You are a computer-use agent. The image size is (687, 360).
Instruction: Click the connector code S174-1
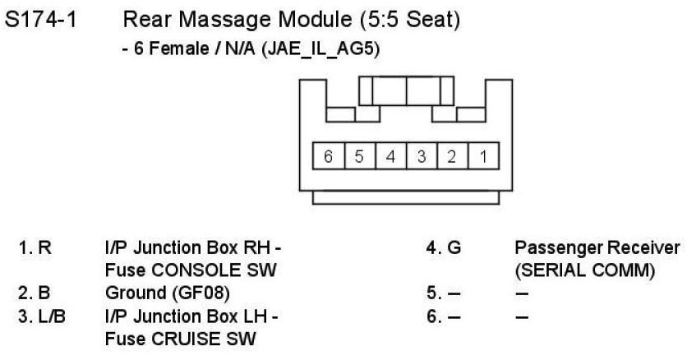(41, 20)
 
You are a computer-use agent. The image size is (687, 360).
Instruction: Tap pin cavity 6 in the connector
(328, 156)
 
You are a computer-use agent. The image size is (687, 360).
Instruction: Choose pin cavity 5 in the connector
(359, 156)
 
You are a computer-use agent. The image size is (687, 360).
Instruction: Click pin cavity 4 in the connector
(390, 156)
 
